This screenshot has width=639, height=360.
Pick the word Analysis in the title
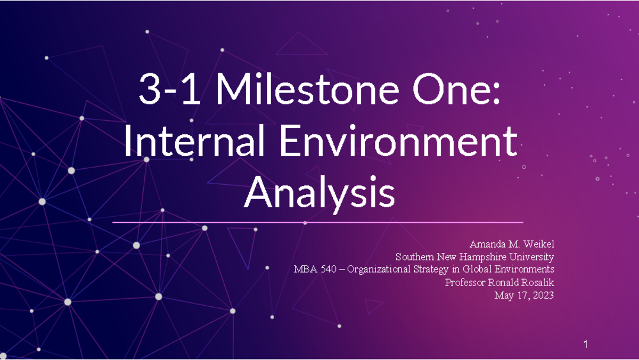[x=319, y=194]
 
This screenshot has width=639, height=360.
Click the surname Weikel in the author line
[x=539, y=244]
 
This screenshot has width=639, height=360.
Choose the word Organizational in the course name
[x=380, y=269]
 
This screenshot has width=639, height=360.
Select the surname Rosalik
[x=537, y=282]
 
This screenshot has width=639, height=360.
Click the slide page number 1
[x=586, y=345]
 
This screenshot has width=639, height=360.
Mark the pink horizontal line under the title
[x=318, y=223]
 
